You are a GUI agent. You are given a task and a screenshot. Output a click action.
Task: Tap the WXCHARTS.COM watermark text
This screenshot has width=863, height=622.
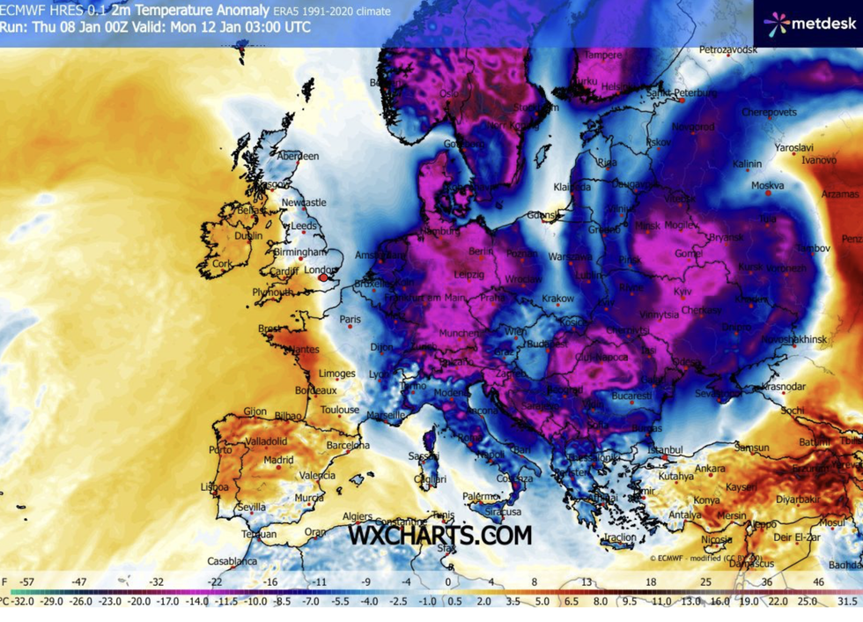(x=439, y=535)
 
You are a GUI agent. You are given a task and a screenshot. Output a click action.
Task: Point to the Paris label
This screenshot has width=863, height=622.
(x=350, y=319)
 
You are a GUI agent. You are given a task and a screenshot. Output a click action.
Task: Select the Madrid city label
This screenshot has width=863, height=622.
(x=278, y=460)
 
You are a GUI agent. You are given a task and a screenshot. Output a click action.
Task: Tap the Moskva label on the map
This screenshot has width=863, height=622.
(x=767, y=186)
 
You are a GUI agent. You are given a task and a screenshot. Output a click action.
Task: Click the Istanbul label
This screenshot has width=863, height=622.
(x=665, y=449)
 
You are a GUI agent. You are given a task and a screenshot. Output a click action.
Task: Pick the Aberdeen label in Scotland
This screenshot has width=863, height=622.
(x=299, y=156)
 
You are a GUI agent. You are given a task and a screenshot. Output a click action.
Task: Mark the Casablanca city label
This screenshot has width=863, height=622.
(x=232, y=561)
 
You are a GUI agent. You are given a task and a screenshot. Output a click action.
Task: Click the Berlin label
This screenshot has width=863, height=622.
(x=481, y=251)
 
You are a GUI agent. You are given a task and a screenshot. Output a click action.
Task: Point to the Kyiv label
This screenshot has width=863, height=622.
(x=682, y=291)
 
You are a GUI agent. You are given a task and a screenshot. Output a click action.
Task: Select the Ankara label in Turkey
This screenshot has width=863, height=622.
(x=710, y=469)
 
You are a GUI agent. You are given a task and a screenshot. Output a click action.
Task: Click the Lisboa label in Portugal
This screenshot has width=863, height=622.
(x=215, y=486)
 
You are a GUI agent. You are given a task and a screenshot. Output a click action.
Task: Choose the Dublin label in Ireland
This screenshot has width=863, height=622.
(x=248, y=236)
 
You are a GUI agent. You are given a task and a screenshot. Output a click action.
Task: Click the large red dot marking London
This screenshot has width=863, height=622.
(x=323, y=278)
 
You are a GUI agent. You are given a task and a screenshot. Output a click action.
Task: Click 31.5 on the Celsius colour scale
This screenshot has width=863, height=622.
(x=847, y=601)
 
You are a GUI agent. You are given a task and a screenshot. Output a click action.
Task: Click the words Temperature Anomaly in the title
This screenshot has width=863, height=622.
(x=198, y=11)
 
